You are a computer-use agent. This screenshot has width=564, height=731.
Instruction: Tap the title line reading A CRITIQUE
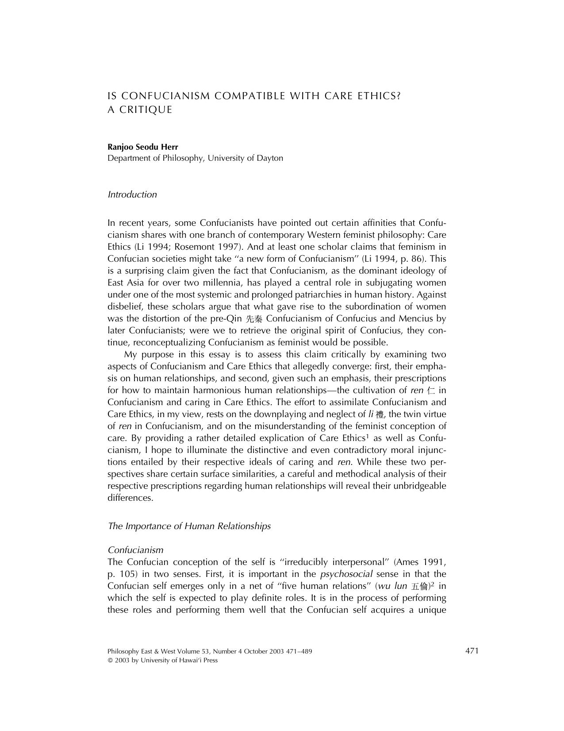pyautogui.click(x=140, y=110)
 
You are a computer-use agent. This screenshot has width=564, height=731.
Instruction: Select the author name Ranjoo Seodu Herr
pyautogui.click(x=143, y=147)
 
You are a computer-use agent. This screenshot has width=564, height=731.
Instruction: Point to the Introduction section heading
pyautogui.click(x=132, y=194)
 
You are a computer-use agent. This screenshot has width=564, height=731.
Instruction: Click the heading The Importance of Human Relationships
pyautogui.click(x=189, y=526)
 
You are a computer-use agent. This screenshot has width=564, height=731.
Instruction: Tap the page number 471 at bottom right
pyautogui.click(x=472, y=650)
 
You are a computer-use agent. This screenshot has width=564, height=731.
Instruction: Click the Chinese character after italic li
pyautogui.click(x=380, y=415)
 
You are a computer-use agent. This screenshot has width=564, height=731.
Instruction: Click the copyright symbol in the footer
pyautogui.click(x=110, y=660)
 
